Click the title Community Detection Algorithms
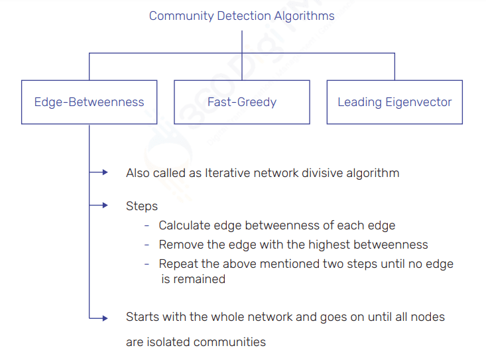pyautogui.click(x=241, y=16)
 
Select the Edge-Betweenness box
pyautogui.click(x=89, y=102)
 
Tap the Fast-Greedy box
pyautogui.click(x=241, y=102)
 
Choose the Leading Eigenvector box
pyautogui.click(x=395, y=102)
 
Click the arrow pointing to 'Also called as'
pyautogui.click(x=99, y=172)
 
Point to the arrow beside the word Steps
pyautogui.click(x=99, y=206)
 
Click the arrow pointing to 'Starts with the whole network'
pyautogui.click(x=99, y=318)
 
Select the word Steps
pyautogui.click(x=142, y=206)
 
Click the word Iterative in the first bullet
pyautogui.click(x=227, y=173)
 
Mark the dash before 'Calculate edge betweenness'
pyautogui.click(x=147, y=226)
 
